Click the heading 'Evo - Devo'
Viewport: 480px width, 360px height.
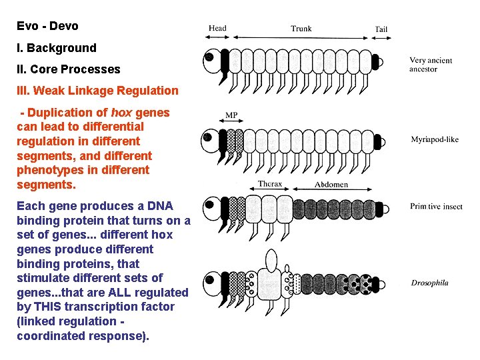tap(47, 27)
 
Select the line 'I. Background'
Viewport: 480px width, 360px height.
tap(57, 48)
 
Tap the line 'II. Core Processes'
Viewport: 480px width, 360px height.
tap(69, 69)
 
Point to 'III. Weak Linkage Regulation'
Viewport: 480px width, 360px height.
tap(97, 91)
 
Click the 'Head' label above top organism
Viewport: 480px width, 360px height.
tap(217, 29)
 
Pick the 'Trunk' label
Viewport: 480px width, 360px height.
tap(301, 29)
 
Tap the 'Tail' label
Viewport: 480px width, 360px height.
tap(381, 29)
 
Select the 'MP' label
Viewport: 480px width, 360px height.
tap(231, 115)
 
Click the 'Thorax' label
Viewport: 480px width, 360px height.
tap(271, 185)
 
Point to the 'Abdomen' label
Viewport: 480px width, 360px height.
tap(331, 185)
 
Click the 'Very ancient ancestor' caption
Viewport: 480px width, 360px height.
tap(430, 65)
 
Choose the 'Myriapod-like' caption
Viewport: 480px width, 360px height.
tap(435, 140)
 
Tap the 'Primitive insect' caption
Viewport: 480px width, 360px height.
tap(436, 207)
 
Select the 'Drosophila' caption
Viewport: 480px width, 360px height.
tap(429, 283)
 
